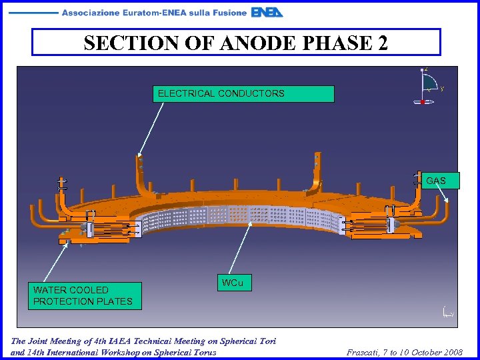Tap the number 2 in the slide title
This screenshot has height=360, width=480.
pos(381,43)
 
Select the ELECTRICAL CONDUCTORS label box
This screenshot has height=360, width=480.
pos(243,93)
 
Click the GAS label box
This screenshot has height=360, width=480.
pos(436,181)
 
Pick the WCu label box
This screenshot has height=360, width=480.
pos(233,283)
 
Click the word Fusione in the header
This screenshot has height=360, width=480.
pos(229,13)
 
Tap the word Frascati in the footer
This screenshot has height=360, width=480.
pos(365,351)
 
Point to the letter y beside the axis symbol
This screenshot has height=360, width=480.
pos(443,88)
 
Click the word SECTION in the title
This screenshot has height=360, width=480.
pos(120,43)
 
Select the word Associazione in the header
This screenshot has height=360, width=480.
pos(89,13)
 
